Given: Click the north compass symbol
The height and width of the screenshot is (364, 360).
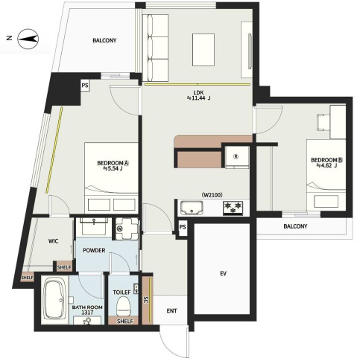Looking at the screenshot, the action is (28, 39).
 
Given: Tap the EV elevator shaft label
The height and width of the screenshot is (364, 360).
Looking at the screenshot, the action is (223, 273).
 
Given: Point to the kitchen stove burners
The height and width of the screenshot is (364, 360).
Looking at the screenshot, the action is (233, 208).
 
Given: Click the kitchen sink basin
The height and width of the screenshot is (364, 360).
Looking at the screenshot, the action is (192, 208).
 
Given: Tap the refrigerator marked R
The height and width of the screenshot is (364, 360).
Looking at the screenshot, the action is (237, 157).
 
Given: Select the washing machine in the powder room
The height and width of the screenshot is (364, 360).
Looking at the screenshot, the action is (127, 229).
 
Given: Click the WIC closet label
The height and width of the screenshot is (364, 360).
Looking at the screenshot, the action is (53, 241).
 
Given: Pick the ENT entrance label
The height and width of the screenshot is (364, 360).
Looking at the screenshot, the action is (171, 310).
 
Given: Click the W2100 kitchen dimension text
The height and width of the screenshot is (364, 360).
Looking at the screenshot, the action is (212, 195).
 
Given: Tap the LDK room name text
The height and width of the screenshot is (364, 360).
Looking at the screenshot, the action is (198, 93).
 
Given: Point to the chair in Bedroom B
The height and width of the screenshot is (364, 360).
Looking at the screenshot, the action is (323, 122).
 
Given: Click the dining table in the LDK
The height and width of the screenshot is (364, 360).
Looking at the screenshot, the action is (203, 50).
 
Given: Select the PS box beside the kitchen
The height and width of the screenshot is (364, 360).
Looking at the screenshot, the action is (183, 227).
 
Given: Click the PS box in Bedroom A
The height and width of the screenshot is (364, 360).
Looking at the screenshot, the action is (85, 86).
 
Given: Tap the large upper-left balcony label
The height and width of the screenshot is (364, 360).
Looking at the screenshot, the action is (104, 40).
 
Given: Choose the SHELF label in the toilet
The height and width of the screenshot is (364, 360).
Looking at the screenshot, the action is (125, 321).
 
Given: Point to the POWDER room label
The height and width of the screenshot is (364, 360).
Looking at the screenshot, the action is (94, 250).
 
